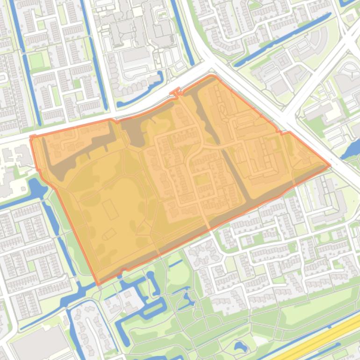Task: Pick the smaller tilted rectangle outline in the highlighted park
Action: click(x=109, y=234)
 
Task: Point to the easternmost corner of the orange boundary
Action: click(x=330, y=165)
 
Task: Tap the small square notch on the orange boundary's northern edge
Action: click(x=176, y=92)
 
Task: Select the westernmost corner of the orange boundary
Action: click(x=31, y=137)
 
